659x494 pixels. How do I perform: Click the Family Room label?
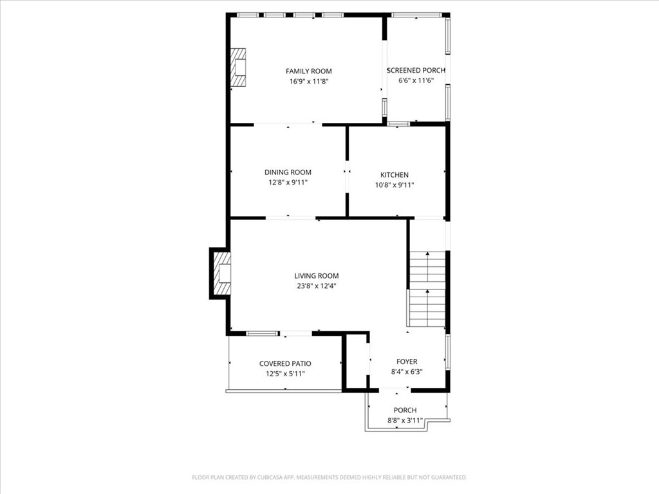309,71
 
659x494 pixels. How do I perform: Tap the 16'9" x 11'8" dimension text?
309,82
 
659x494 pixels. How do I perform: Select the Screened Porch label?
416,71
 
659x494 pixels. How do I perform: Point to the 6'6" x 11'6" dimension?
416,81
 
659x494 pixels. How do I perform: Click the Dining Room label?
288,172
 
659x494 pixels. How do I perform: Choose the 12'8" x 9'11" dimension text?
288,183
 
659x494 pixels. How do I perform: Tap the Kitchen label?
394,175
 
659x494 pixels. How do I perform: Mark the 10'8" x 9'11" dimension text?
394,185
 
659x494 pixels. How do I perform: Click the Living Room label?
317,276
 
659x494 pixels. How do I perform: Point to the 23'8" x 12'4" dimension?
317,286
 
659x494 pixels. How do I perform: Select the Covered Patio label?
285,363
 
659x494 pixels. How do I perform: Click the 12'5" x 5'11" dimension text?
285,374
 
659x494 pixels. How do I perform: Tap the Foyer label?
407,362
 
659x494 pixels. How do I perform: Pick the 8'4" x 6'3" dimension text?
407,372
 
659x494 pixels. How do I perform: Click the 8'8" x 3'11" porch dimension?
405,421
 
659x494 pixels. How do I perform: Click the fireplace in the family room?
239,68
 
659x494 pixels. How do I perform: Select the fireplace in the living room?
222,273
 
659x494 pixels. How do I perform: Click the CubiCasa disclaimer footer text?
329,477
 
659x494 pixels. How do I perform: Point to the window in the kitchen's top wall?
398,123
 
